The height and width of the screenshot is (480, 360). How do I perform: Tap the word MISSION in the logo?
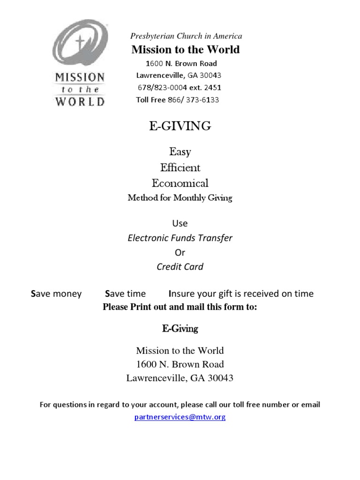coord(80,78)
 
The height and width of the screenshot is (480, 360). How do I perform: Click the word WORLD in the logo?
coord(80,101)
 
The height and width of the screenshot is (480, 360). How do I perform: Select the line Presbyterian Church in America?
coord(186,36)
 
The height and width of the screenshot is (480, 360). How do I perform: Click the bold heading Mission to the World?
coord(186,50)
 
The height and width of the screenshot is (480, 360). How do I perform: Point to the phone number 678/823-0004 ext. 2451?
coord(179,87)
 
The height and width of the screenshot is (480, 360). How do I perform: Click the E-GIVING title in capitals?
coord(180,126)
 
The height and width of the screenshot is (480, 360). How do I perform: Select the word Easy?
coord(180,152)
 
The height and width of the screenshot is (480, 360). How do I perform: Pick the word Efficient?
coord(180,167)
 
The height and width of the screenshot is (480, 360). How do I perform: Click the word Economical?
coord(180,183)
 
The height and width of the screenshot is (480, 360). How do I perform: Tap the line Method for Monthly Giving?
coord(180,198)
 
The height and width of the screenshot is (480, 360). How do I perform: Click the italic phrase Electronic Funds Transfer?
coord(180,238)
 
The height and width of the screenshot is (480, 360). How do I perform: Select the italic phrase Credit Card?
coord(180,267)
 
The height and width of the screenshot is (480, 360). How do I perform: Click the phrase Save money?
coord(56,294)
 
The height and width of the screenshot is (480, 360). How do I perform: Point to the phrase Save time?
coord(126,294)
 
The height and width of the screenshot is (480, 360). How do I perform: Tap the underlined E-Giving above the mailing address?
coord(180,329)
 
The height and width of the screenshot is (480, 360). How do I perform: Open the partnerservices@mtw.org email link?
coord(180,417)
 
